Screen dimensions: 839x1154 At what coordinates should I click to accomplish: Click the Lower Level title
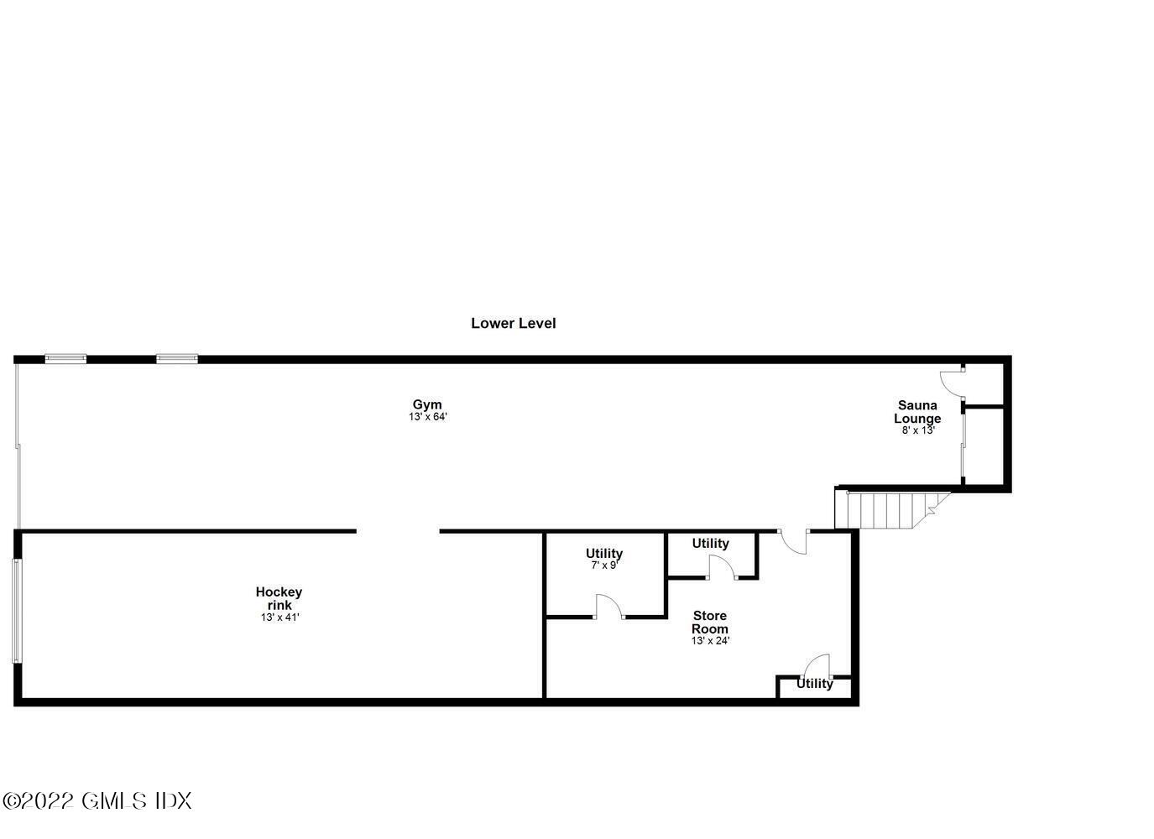coord(513,323)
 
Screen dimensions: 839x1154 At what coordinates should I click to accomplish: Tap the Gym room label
coord(426,404)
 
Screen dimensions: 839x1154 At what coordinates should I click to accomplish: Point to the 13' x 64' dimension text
coord(428,417)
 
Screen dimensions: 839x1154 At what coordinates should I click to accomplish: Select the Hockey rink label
coord(279,598)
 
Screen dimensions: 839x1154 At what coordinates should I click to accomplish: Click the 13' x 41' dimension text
coord(279,618)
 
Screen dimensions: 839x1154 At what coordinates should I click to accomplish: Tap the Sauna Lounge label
coord(916,412)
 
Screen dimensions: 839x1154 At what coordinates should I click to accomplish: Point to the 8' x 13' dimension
coord(916,430)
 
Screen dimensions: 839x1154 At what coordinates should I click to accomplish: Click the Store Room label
coord(709,622)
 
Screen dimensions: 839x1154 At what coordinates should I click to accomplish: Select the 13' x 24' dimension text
coord(710,641)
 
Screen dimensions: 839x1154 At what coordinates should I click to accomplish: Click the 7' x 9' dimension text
coord(603,565)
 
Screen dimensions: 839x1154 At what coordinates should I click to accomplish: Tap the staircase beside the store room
coord(890,509)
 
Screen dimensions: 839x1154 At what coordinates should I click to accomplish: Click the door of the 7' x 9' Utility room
coord(608,607)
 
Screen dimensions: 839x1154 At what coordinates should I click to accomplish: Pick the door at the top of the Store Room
coord(794,541)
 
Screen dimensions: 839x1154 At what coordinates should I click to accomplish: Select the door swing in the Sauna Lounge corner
coord(952,383)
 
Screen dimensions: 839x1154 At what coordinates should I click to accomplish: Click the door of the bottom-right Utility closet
coord(816,666)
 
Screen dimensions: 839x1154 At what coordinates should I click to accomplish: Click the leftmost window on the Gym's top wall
coord(65,359)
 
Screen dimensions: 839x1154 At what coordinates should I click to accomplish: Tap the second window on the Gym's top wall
coord(177,359)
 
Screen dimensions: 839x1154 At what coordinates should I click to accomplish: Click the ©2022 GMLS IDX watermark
coord(97,800)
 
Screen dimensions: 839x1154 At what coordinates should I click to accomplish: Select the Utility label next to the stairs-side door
coord(710,544)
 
